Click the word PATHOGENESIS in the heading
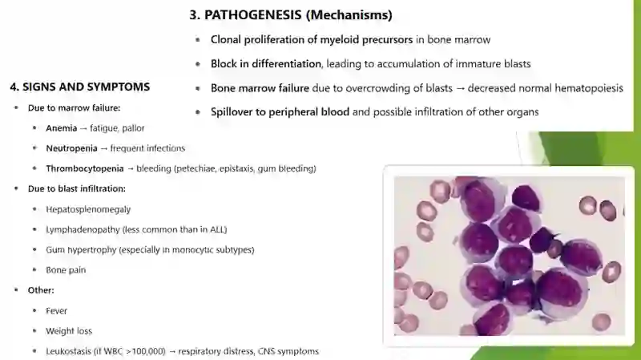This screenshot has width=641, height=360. tap(253, 15)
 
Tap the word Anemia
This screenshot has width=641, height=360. tap(62, 128)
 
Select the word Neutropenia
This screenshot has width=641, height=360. tap(71, 148)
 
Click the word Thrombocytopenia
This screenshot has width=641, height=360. tap(85, 168)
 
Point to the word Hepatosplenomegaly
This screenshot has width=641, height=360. tap(88, 209)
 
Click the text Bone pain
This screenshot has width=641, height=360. tap(66, 270)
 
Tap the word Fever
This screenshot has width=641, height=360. tap(56, 311)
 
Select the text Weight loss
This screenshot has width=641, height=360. tap(69, 331)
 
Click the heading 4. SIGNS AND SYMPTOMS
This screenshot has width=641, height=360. tap(80, 87)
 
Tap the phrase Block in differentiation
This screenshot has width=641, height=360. tap(266, 64)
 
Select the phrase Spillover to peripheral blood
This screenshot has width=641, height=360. tap(280, 112)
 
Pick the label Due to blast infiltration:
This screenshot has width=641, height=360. tap(76, 188)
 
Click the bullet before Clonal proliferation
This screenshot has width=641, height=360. tap(198, 39)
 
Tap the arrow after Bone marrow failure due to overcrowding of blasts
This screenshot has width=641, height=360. tap(460, 88)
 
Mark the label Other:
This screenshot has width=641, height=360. tap(41, 290)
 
